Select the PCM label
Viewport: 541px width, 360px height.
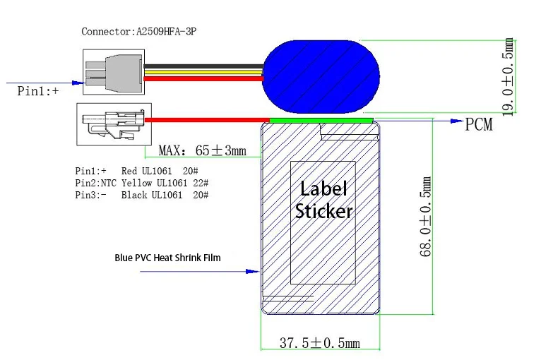(478, 126)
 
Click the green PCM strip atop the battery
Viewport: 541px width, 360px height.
(321, 121)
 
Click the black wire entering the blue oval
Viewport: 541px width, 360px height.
(205, 64)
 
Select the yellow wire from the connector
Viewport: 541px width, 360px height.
(205, 72)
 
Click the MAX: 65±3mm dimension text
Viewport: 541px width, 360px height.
(201, 151)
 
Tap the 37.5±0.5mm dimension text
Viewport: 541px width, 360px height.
(320, 343)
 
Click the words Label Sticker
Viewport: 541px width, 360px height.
(323, 200)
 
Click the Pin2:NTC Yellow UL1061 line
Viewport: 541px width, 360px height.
(141, 183)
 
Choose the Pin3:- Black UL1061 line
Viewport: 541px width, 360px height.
(141, 194)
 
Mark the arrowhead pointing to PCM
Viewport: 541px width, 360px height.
(453, 121)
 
